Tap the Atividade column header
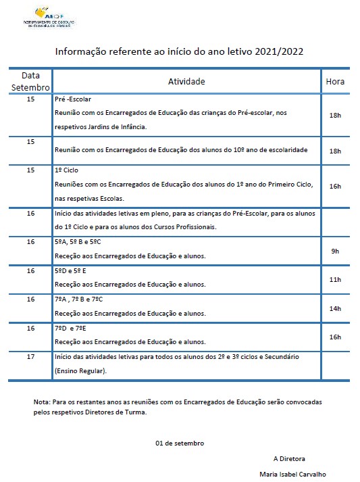(186, 81)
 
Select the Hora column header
(335, 81)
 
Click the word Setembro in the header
(30, 88)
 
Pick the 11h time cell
(335, 279)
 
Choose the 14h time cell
(335, 308)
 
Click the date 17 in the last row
(30, 356)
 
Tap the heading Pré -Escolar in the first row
(72, 99)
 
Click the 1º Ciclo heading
(68, 170)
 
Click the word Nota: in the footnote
(41, 402)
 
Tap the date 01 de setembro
(180, 443)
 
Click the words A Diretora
(289, 458)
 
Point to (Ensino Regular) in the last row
(80, 370)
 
